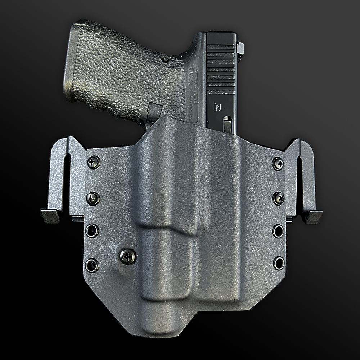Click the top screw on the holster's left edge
(94, 162)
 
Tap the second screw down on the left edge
(93, 198)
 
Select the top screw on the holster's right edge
(278, 164)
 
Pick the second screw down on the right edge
(278, 198)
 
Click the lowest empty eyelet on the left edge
(92, 265)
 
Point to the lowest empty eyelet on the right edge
(278, 263)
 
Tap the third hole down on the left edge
(92, 230)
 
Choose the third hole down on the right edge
(278, 230)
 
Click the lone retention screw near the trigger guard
(128, 256)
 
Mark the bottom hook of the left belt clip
(50, 216)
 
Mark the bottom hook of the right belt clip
(312, 217)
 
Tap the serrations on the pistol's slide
(221, 68)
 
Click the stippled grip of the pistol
(119, 72)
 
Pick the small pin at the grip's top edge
(165, 59)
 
